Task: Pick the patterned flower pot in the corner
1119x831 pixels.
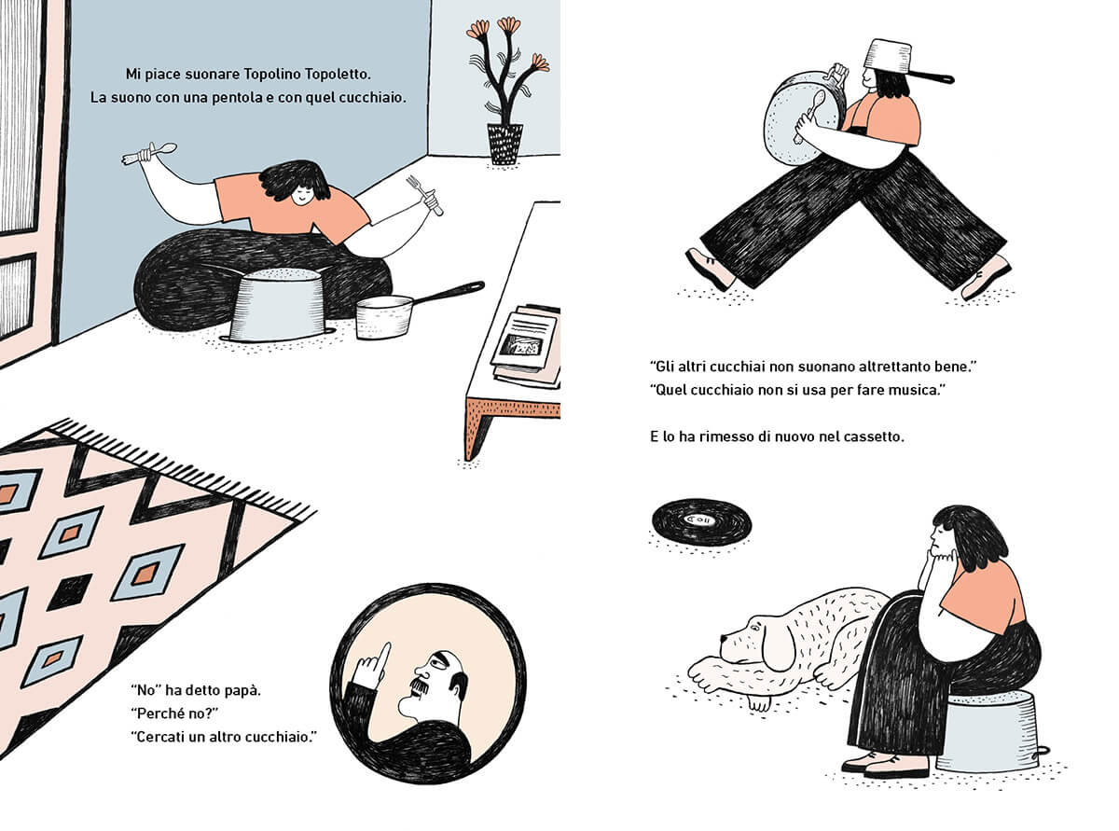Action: click(x=504, y=144)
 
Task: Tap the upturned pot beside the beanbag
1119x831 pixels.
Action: click(x=278, y=304)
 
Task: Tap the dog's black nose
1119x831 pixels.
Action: click(x=724, y=639)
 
